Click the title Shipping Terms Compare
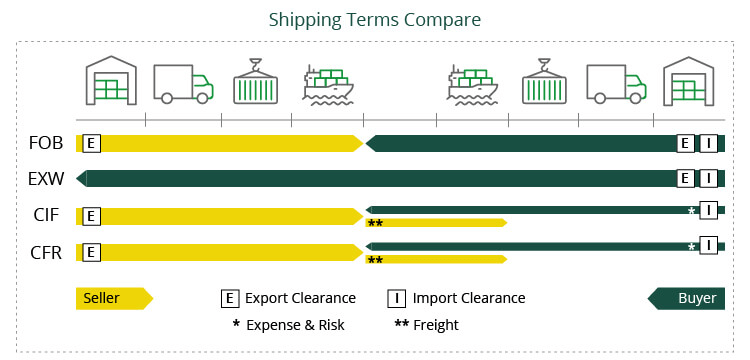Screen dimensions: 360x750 (374, 20)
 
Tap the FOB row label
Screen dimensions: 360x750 (46, 143)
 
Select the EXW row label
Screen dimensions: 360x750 (46, 179)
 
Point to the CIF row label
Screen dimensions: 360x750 (46, 216)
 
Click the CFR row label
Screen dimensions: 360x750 (46, 252)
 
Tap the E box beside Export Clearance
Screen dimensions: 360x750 (230, 298)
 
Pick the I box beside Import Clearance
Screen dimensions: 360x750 (396, 298)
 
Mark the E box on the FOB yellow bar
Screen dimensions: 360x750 (92, 143)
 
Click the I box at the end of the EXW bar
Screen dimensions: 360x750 (708, 179)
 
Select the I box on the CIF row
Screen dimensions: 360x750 (708, 210)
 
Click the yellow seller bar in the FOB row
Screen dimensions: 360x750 (230, 143)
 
